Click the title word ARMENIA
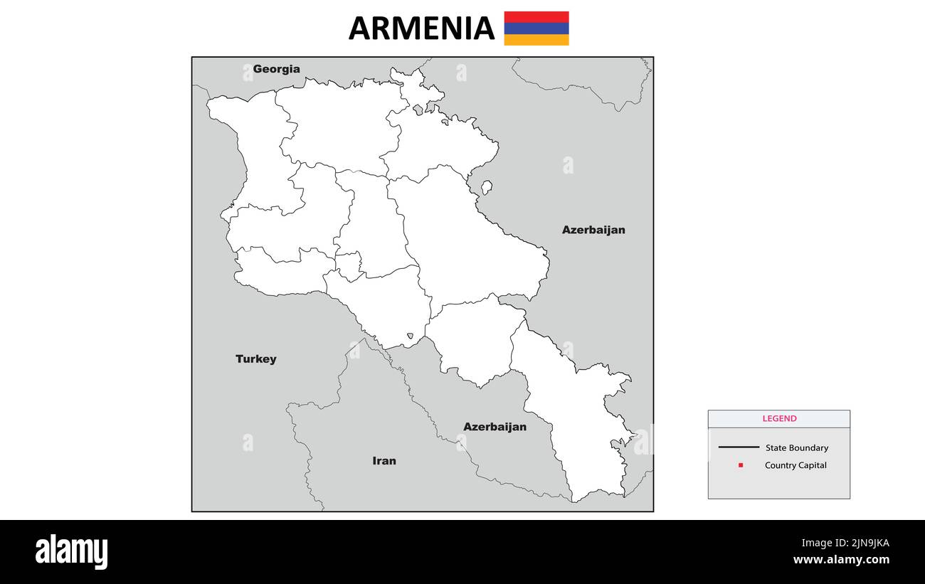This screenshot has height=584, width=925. pos(421,28)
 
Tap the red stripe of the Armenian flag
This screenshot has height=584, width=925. pos(536,16)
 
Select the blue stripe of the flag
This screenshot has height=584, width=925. pos(536,28)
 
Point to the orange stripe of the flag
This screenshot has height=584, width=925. pos(536,40)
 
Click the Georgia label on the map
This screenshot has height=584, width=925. pos(276,69)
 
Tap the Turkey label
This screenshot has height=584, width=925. pos(255,359)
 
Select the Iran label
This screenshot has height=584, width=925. pos(384,461)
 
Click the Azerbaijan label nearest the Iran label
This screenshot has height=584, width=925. pos(495,427)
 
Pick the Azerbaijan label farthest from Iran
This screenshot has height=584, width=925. pos(593,230)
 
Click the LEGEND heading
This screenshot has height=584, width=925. pos(779,419)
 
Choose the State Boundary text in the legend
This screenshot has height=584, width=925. pos(796,448)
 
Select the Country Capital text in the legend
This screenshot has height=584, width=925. pos(795,465)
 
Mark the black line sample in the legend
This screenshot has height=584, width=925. pos(739,447)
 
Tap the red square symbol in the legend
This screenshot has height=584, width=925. pos(741,465)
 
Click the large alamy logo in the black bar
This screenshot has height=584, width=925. pos(71,552)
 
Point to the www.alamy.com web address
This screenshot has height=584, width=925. pos(841,560)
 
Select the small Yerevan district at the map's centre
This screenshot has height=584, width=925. pos(349,265)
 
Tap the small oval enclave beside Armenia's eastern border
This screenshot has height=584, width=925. pos(487,187)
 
